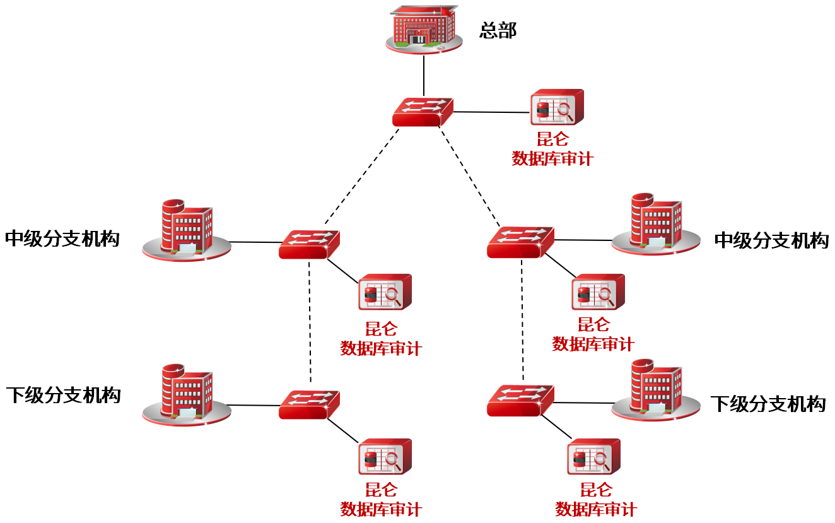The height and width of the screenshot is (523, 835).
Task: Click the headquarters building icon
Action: coord(424,28)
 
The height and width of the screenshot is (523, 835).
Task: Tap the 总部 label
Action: coord(498,30)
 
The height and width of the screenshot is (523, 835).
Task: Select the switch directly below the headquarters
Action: coord(423,112)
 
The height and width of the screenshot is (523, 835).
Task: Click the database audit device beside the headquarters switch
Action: coord(556,108)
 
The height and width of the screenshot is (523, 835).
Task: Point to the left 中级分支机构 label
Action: coord(62,238)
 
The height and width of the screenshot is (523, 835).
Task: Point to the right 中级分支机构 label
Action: coord(771,240)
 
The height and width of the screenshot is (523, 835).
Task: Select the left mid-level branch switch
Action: coord(309,244)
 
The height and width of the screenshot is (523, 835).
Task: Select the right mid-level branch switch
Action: coord(520,242)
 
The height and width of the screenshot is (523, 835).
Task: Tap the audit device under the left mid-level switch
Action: coord(385,292)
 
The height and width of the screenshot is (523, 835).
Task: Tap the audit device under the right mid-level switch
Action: coord(598,292)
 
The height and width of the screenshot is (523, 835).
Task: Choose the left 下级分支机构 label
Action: coord(63,396)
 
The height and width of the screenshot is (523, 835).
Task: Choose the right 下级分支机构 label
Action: coord(768,404)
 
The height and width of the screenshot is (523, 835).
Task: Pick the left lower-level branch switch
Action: coord(309,405)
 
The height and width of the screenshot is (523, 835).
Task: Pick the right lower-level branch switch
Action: coord(520,401)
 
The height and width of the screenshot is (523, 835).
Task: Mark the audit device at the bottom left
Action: coord(385,456)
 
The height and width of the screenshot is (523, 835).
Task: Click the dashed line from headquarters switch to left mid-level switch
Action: coord(362,176)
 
